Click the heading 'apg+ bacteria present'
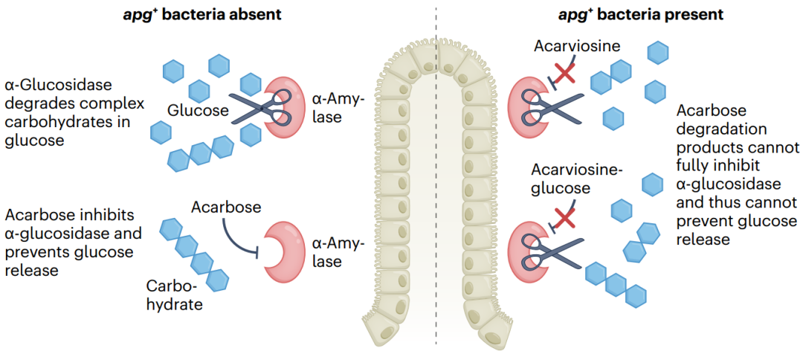[x=640, y=14]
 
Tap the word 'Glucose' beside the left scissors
[x=197, y=111]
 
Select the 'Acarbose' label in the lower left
[x=226, y=207]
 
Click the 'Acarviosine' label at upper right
[x=577, y=46]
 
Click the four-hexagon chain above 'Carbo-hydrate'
[x=194, y=254]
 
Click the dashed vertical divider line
[x=435, y=186]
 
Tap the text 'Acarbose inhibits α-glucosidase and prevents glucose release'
[x=70, y=242]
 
